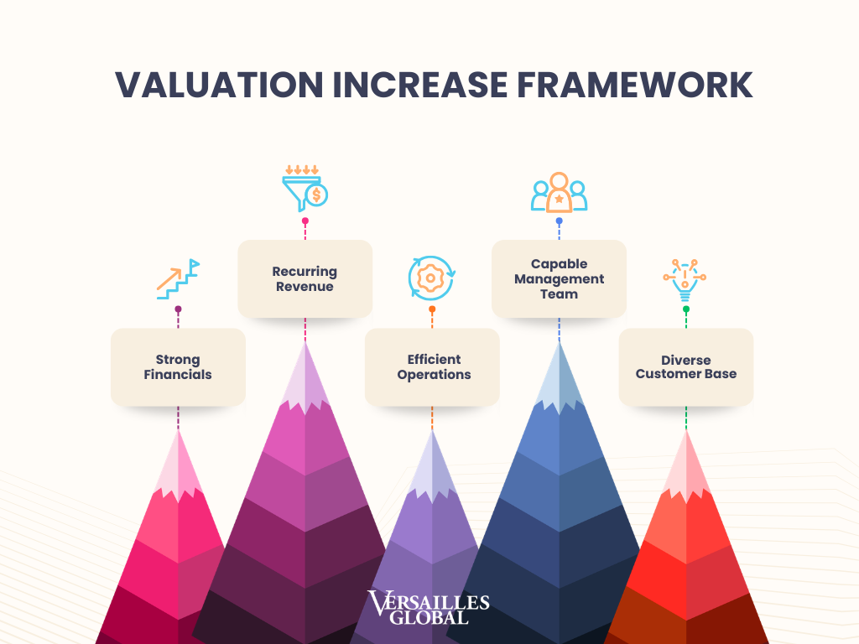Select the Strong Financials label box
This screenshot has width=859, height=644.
click(x=178, y=367)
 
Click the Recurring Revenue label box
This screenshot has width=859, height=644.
click(x=305, y=278)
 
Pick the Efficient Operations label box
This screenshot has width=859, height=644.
click(x=432, y=367)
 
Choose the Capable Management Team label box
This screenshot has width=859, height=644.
click(x=559, y=278)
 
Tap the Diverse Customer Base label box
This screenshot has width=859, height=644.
click(x=685, y=367)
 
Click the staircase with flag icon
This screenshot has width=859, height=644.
click(x=178, y=279)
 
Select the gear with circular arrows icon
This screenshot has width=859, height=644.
click(x=431, y=278)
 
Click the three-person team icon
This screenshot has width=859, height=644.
click(x=559, y=192)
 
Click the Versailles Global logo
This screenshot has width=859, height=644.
click(x=429, y=607)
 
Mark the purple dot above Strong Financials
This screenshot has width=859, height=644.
click(x=178, y=309)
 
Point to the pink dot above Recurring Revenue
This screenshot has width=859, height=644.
click(x=305, y=221)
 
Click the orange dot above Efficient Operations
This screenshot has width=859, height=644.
click(x=432, y=309)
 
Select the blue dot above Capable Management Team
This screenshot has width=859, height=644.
click(x=559, y=221)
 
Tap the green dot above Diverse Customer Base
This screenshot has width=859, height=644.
click(x=685, y=309)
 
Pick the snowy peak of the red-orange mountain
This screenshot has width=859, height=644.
click(x=685, y=465)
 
